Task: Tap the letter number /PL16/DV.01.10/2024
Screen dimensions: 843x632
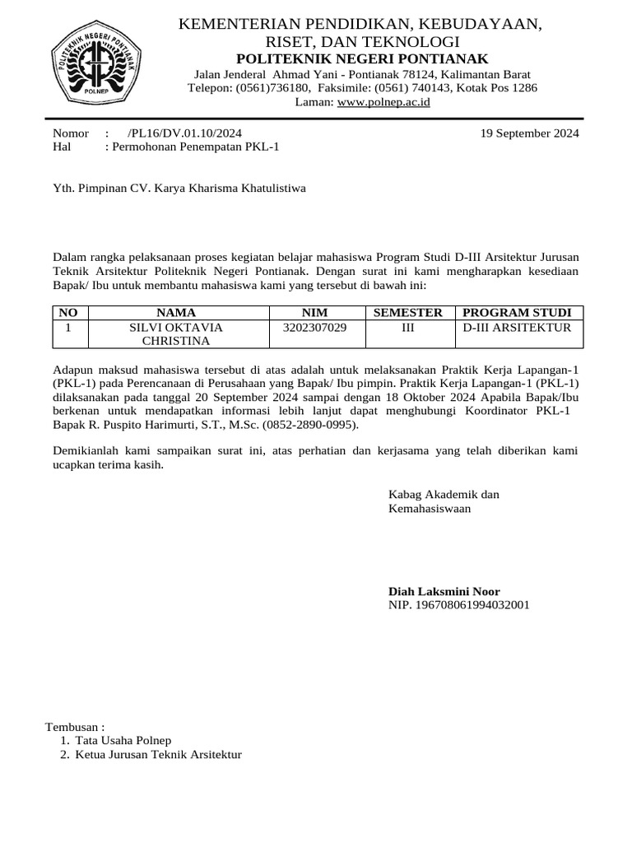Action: tap(185, 133)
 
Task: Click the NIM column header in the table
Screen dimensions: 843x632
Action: tap(314, 313)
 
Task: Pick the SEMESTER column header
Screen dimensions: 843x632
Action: tap(408, 313)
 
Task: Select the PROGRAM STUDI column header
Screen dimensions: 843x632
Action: tap(517, 313)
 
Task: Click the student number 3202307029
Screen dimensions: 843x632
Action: tap(314, 328)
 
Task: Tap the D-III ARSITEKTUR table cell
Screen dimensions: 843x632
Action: tap(517, 328)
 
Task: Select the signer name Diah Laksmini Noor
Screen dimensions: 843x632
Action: tap(444, 591)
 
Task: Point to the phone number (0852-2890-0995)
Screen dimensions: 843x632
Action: tap(308, 425)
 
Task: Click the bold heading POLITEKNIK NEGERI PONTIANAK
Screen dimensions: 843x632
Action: tap(362, 58)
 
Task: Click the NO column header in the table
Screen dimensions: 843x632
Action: tap(69, 313)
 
